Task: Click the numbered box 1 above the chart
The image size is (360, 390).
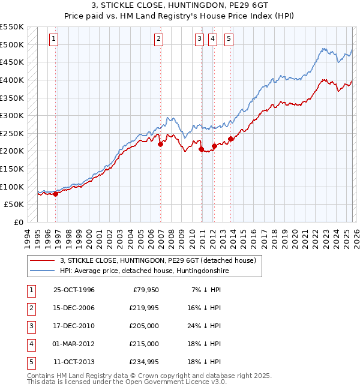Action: coord(53,39)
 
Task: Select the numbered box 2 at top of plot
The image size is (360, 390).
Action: coord(158,39)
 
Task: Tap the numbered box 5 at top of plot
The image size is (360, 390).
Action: coord(229,39)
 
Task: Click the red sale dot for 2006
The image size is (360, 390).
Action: coord(160,144)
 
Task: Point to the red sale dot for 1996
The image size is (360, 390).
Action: coord(55,194)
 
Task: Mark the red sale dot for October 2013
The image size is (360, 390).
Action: coord(230,139)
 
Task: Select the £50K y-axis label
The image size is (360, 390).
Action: coord(14,204)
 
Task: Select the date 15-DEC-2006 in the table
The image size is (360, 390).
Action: coord(74,308)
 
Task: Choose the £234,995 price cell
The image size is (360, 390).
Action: coord(144,362)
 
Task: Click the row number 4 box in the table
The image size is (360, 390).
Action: coord(30,344)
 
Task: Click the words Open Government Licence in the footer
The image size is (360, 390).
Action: coord(170,382)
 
